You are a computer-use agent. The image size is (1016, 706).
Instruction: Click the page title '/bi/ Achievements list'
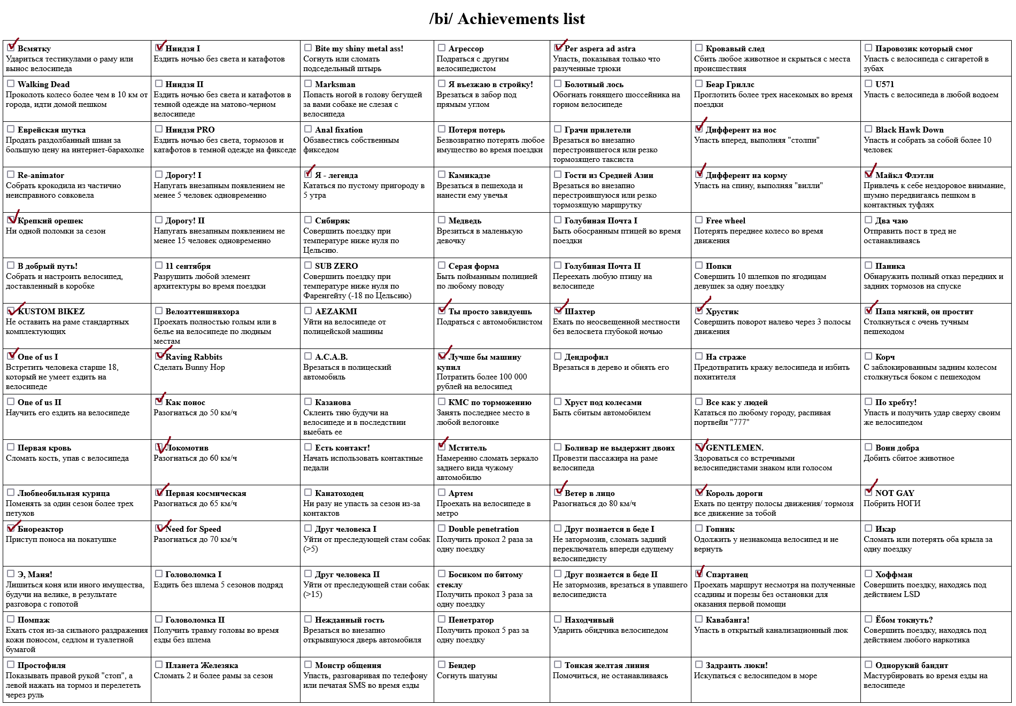[x=507, y=19]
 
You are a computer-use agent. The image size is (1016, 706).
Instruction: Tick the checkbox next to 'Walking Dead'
[x=11, y=84]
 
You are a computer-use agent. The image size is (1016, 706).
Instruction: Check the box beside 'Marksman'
[x=308, y=84]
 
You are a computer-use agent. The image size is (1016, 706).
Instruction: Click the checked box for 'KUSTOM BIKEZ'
[x=11, y=311]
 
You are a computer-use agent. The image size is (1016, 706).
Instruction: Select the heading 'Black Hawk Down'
[x=909, y=130]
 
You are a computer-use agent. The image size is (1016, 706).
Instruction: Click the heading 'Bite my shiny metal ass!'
[x=359, y=49]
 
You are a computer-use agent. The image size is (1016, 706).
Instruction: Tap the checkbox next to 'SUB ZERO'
[x=308, y=266]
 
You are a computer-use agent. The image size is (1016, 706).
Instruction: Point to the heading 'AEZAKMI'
[x=336, y=312]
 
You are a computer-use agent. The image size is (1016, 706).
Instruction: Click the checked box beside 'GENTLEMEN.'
[x=699, y=447]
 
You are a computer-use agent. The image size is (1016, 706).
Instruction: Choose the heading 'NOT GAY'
[x=895, y=493]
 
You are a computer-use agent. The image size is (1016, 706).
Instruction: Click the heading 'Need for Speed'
[x=193, y=529]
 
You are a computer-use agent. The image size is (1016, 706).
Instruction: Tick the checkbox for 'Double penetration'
[x=442, y=529]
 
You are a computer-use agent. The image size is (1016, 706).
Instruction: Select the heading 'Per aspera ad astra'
[x=600, y=49]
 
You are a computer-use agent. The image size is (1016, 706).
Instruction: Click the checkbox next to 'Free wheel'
[x=699, y=220]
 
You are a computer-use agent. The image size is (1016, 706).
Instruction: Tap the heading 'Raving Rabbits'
[x=194, y=357]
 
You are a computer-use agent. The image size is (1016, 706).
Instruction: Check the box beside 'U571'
[x=868, y=84]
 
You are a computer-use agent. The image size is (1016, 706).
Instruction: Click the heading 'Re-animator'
[x=41, y=175]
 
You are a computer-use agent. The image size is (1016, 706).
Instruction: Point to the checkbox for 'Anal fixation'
[x=308, y=129]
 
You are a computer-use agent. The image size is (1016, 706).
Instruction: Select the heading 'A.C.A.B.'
[x=331, y=357]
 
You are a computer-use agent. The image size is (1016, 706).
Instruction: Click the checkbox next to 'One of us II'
[x=11, y=402]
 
